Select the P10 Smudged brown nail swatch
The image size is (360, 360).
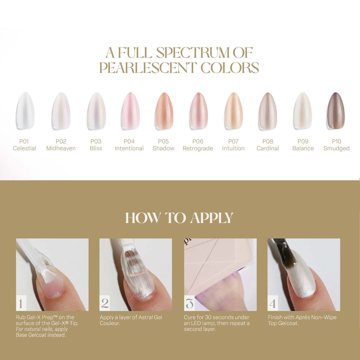pos(336,111)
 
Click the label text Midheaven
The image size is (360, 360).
pos(61,148)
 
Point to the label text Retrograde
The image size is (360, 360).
pos(198,148)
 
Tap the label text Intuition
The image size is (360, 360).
pos(233,148)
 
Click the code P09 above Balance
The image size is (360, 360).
pos(303,142)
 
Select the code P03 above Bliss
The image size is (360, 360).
pos(96,142)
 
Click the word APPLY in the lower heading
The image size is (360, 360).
pos(212,218)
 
